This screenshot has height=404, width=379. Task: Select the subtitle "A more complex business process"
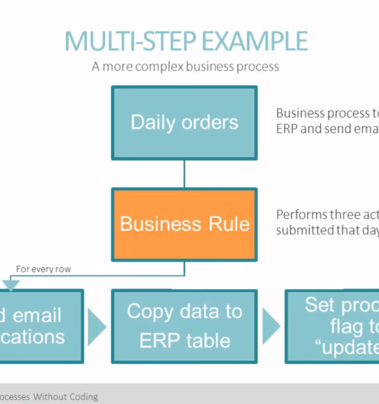[186, 66]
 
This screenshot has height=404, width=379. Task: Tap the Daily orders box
[184, 123]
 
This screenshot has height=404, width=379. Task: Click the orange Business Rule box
[184, 224]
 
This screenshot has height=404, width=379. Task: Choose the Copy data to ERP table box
[184, 326]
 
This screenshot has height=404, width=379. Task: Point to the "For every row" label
[43, 269]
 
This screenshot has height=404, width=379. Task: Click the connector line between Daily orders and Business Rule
[184, 174]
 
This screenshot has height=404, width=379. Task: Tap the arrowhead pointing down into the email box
[11, 284]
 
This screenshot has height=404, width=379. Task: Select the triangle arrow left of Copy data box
[96, 326]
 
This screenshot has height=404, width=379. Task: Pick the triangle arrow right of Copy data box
[271, 326]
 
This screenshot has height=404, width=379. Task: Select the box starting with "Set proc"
[332, 326]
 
